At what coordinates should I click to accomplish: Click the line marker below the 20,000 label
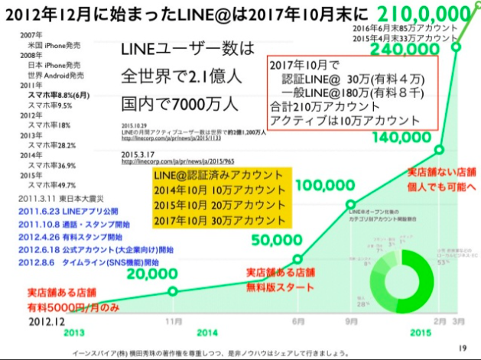[x=173, y=291]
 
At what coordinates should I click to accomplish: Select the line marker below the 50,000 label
[x=298, y=258]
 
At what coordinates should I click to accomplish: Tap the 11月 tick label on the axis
[x=174, y=320]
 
